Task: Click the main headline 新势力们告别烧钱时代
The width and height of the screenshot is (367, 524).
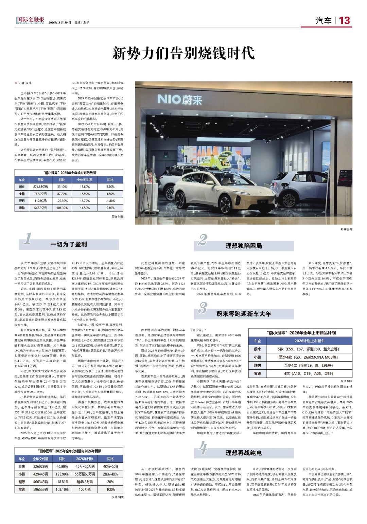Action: coord(183,53)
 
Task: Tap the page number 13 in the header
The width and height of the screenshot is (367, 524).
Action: coord(344,21)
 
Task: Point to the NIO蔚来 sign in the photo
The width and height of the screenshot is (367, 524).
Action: coord(185,100)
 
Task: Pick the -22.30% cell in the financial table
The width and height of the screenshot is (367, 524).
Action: coord(62,201)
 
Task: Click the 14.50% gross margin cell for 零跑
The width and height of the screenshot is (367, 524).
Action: coord(85,208)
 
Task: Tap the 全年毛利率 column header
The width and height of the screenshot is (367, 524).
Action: coord(85,180)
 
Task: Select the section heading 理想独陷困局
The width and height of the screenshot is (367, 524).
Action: coord(244,246)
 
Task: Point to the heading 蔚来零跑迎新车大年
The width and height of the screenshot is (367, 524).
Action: coord(244,314)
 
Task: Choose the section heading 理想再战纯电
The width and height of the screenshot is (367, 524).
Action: coord(244,453)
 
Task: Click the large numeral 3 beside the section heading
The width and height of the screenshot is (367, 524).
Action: coord(203,308)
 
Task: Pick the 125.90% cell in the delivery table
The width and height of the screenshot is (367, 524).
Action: coord(62,474)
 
